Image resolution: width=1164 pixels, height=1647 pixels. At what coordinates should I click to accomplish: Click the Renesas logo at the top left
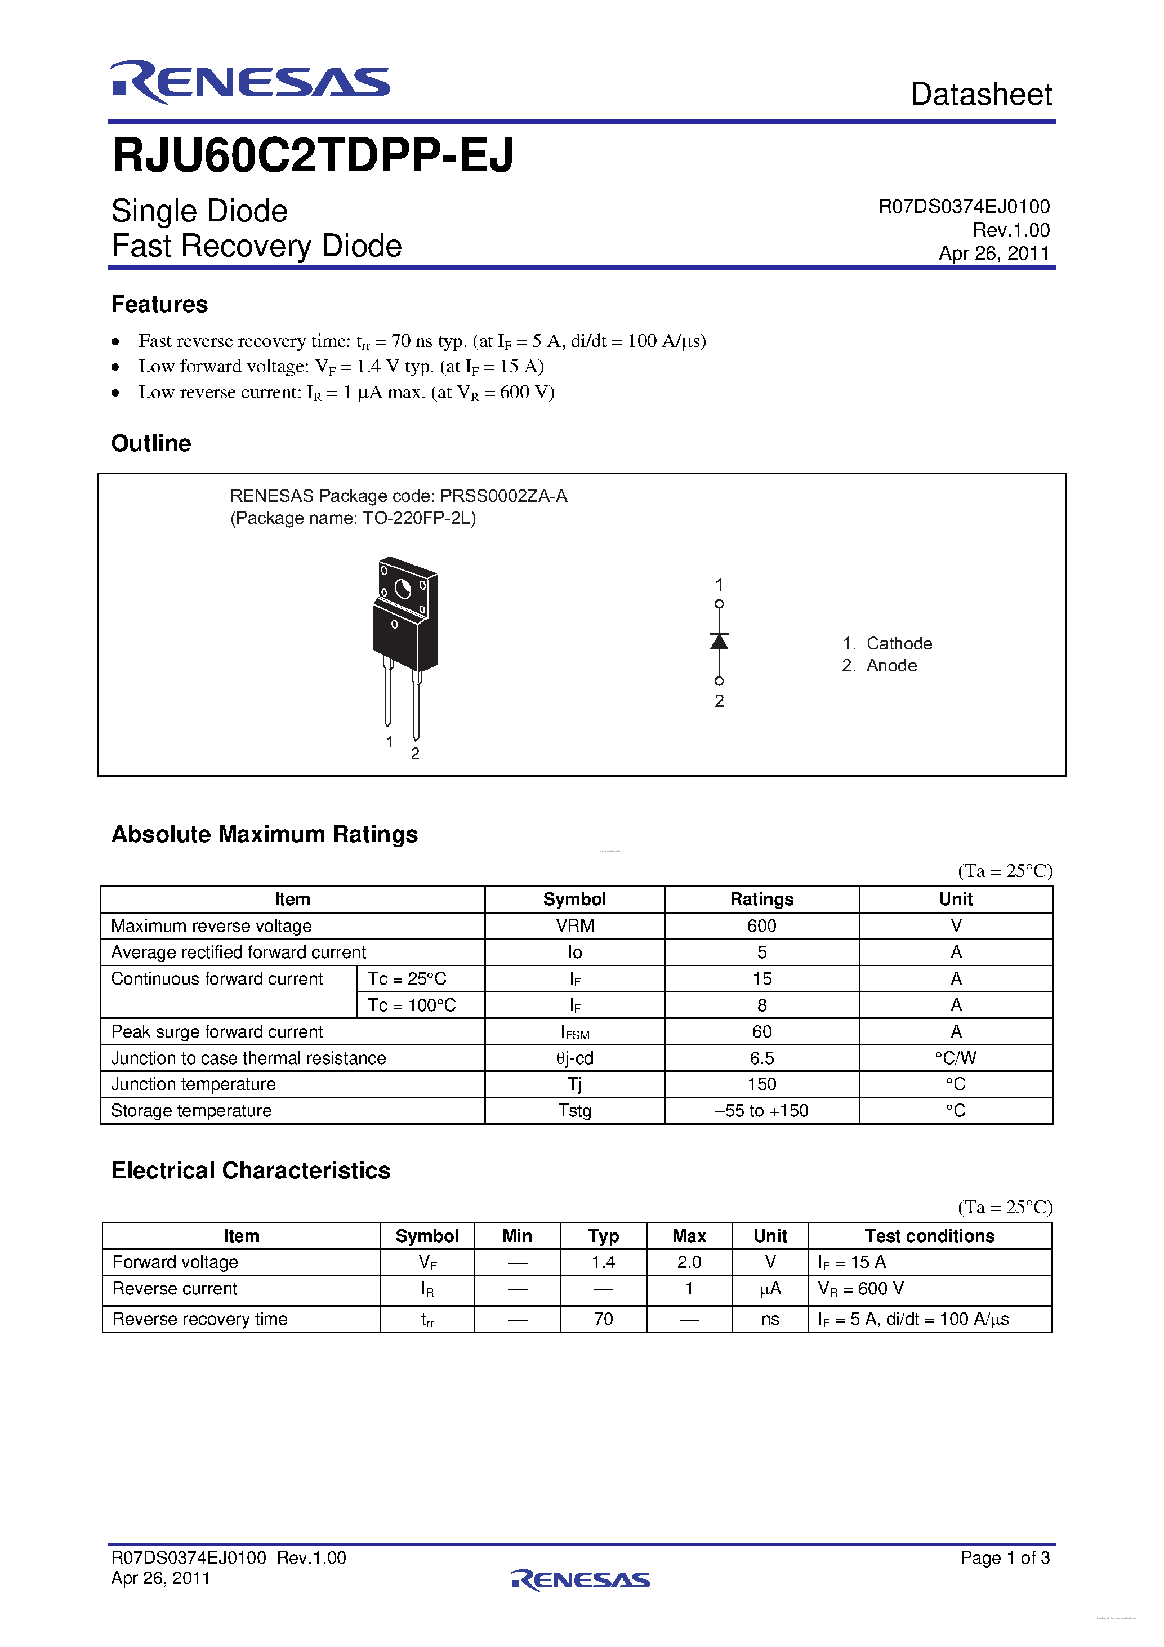point(250,82)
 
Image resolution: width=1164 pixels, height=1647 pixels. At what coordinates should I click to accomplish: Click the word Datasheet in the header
point(980,95)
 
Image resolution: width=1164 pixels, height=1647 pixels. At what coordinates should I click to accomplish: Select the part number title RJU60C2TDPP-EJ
point(313,155)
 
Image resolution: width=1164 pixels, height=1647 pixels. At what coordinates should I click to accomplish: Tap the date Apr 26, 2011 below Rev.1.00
point(993,253)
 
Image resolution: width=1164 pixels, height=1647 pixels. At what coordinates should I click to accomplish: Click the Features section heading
point(159,304)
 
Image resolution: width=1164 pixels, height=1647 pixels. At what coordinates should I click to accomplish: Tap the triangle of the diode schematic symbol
point(719,642)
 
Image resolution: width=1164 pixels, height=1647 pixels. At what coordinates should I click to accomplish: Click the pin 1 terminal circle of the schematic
point(719,604)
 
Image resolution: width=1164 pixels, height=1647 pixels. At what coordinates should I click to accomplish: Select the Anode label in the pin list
point(891,666)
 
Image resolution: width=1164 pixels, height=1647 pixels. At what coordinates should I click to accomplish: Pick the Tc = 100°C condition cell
point(412,1005)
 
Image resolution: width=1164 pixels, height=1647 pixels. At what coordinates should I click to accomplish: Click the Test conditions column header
point(930,1236)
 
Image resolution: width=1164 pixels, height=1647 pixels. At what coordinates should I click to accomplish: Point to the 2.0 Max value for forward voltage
point(689,1262)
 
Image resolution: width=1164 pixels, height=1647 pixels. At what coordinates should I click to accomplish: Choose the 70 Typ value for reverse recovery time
point(603,1319)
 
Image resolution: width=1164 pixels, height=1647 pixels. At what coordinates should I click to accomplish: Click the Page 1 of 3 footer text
point(1005,1557)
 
